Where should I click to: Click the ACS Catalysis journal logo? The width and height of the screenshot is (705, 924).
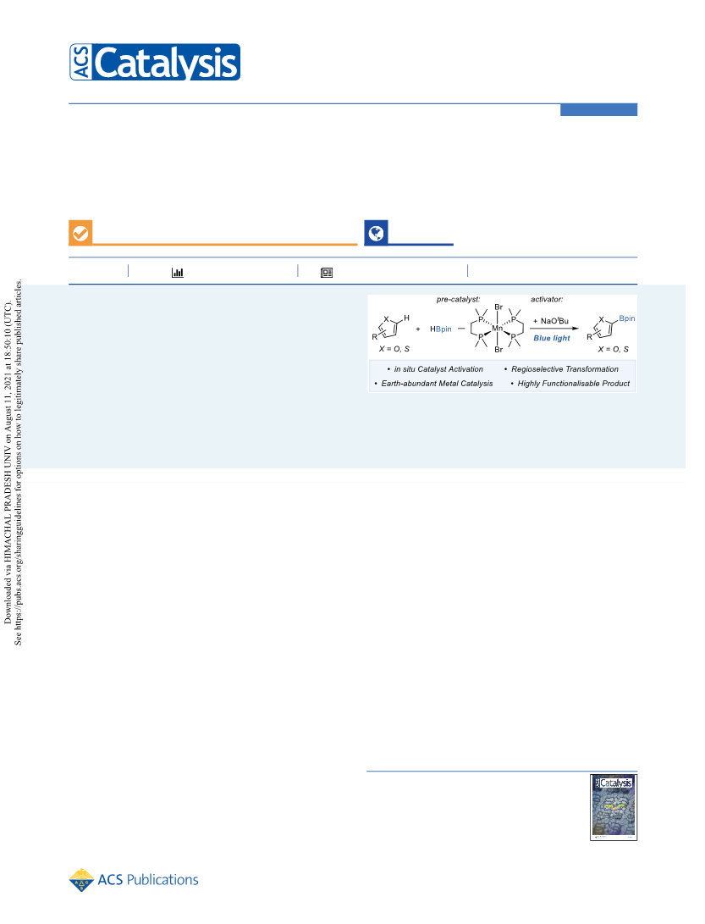pyautogui.click(x=155, y=62)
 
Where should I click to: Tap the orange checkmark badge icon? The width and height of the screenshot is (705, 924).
pyautogui.click(x=80, y=233)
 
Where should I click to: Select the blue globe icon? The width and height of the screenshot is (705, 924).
pyautogui.click(x=376, y=233)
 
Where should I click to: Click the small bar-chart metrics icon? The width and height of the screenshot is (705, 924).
pyautogui.click(x=177, y=272)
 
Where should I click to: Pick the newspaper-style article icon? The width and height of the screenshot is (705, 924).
pyautogui.click(x=327, y=272)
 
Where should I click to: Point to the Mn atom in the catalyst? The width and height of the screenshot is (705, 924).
pyautogui.click(x=498, y=329)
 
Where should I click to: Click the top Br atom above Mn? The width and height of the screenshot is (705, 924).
pyautogui.click(x=498, y=307)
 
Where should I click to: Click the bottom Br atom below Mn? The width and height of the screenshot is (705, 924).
pyautogui.click(x=498, y=350)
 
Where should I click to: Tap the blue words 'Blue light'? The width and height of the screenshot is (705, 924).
pyautogui.click(x=552, y=338)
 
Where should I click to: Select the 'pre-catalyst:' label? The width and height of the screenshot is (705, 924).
pyautogui.click(x=458, y=299)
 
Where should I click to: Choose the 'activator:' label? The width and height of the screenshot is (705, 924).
pyautogui.click(x=547, y=299)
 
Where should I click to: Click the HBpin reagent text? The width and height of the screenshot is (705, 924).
pyautogui.click(x=441, y=329)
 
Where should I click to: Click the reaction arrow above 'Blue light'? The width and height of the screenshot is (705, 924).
pyautogui.click(x=554, y=329)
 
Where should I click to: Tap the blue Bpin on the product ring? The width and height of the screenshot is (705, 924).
pyautogui.click(x=626, y=318)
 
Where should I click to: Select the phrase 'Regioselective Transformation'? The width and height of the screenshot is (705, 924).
pyautogui.click(x=565, y=369)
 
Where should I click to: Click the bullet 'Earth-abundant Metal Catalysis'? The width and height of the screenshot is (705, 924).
pyautogui.click(x=437, y=383)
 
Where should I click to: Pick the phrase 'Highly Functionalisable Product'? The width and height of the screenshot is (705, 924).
pyautogui.click(x=574, y=383)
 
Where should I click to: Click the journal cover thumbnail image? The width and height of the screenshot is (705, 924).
pyautogui.click(x=614, y=807)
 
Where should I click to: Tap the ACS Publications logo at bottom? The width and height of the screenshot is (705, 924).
pyautogui.click(x=134, y=880)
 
